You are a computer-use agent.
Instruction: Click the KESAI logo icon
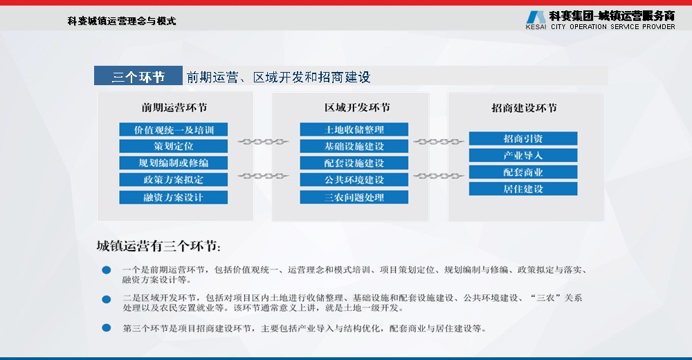[536, 17]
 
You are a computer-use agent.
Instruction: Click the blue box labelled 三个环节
[138, 75]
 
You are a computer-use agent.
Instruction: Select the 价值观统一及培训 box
[174, 129]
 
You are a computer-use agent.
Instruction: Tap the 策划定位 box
[174, 146]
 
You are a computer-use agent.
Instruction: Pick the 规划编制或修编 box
[174, 163]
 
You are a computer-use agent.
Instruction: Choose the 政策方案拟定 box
[174, 179]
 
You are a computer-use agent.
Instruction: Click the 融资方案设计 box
[174, 197]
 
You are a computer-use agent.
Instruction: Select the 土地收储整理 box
[354, 129]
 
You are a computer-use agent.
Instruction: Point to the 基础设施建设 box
[354, 146]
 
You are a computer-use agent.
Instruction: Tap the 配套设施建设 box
[354, 163]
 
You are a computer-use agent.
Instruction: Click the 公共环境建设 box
[354, 179]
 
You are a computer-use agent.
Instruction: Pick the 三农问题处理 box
[354, 197]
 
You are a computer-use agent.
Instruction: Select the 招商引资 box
[523, 138]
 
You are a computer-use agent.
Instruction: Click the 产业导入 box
[523, 155]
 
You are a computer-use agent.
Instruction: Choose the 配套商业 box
[523, 172]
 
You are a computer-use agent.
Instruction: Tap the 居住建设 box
[523, 188]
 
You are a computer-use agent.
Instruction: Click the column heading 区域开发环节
[358, 107]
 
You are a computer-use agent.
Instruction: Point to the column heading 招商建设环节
[525, 108]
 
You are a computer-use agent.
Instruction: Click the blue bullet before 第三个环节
[107, 327]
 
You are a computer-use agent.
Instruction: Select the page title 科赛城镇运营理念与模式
[122, 21]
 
